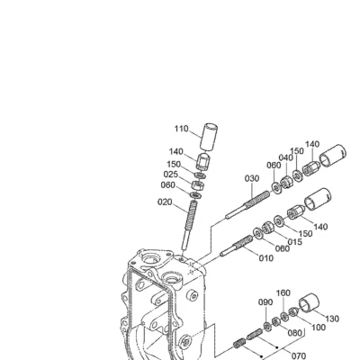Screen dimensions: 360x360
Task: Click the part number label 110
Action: point(182,129)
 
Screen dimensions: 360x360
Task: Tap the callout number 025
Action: point(171,175)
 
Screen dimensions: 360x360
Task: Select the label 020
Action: point(165,202)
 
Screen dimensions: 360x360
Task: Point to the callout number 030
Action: point(252,178)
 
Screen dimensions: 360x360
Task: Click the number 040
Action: point(286,157)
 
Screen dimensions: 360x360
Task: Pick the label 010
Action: point(266,258)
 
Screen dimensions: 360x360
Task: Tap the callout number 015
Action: point(295,241)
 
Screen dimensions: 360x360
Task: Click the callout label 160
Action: point(283,292)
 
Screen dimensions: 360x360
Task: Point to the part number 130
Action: point(332,319)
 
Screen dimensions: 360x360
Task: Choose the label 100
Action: point(318,327)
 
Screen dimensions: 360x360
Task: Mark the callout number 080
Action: point(294,333)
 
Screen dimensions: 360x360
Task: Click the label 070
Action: point(298,355)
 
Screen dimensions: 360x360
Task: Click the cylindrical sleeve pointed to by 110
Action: point(209,136)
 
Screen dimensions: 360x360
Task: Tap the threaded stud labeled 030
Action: point(247,204)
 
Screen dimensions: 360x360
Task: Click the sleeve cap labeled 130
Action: point(309,306)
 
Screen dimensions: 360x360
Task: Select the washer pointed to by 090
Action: point(267,326)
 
